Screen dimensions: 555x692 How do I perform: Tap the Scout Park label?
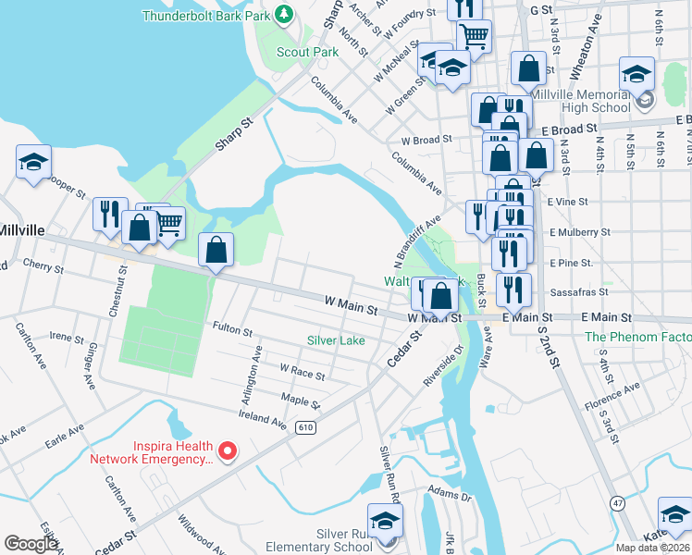click(308, 53)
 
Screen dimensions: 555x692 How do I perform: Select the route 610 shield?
click(304, 427)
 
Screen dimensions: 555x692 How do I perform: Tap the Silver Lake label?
click(336, 340)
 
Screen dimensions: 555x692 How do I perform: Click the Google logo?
click(31, 544)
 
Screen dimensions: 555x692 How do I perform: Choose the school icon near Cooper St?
click(33, 163)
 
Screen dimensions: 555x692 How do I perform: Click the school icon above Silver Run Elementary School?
click(385, 519)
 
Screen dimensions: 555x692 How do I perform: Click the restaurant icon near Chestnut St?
click(109, 214)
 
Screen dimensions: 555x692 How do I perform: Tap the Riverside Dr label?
click(442, 366)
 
